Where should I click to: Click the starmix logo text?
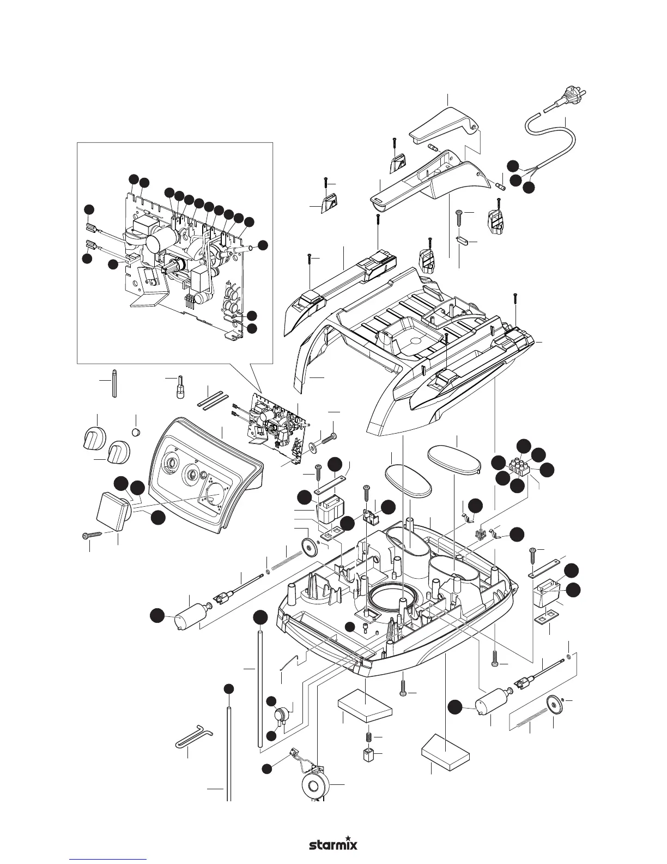tap(333, 830)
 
